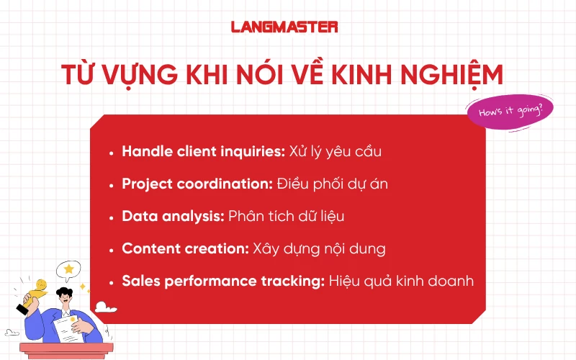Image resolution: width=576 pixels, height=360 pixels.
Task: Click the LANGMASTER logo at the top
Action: tap(284, 27)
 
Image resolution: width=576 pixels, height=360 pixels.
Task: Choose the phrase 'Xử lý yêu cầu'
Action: tap(335, 152)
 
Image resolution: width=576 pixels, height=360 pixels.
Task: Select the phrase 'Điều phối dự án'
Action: tap(333, 184)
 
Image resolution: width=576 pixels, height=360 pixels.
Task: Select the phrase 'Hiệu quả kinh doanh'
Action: tap(402, 281)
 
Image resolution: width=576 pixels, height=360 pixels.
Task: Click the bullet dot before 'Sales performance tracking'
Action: tap(111, 282)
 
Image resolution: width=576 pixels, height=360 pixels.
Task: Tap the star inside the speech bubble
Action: tap(68, 269)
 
